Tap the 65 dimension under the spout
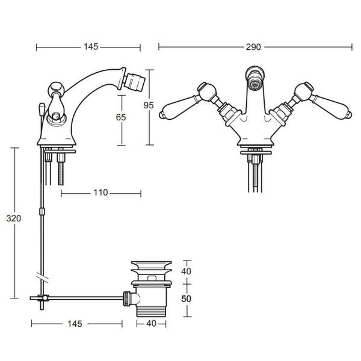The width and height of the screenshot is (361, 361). (122, 118)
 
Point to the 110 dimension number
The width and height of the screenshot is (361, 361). (100, 193)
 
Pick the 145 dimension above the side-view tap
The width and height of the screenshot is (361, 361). (91, 46)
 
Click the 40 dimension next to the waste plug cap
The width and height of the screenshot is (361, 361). (187, 271)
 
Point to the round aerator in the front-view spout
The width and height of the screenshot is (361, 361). (255, 84)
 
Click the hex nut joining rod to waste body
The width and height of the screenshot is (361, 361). (128, 297)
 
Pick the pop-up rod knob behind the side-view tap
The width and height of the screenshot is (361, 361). (39, 110)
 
